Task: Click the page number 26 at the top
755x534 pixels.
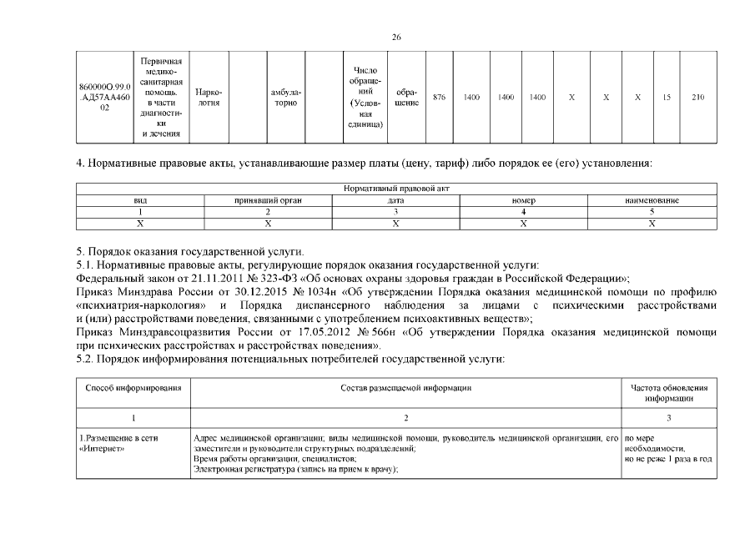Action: click(x=396, y=37)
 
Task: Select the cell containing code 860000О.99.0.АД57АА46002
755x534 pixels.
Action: click(x=104, y=98)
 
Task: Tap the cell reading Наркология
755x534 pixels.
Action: click(x=208, y=98)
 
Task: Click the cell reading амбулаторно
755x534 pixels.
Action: click(x=286, y=98)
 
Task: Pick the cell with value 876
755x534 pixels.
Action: click(x=440, y=98)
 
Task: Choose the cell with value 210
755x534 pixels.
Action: click(x=697, y=98)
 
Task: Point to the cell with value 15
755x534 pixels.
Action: click(x=667, y=98)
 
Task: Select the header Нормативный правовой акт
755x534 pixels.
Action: click(x=396, y=189)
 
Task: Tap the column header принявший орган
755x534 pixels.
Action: click(x=268, y=201)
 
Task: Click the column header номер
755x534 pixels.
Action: click(x=524, y=201)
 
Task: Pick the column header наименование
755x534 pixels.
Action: click(x=652, y=201)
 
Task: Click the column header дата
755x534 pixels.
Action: click(x=396, y=201)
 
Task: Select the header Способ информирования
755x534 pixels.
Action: click(x=133, y=388)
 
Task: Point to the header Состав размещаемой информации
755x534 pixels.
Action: click(x=406, y=388)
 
